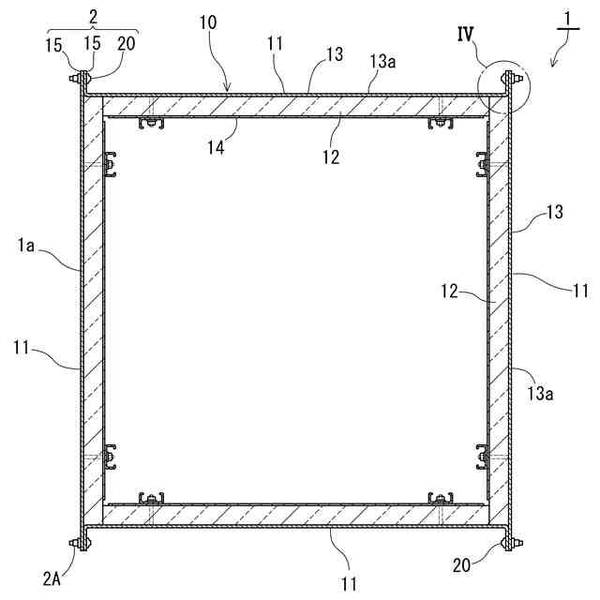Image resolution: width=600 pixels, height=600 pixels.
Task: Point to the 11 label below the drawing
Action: pyautogui.click(x=348, y=584)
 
